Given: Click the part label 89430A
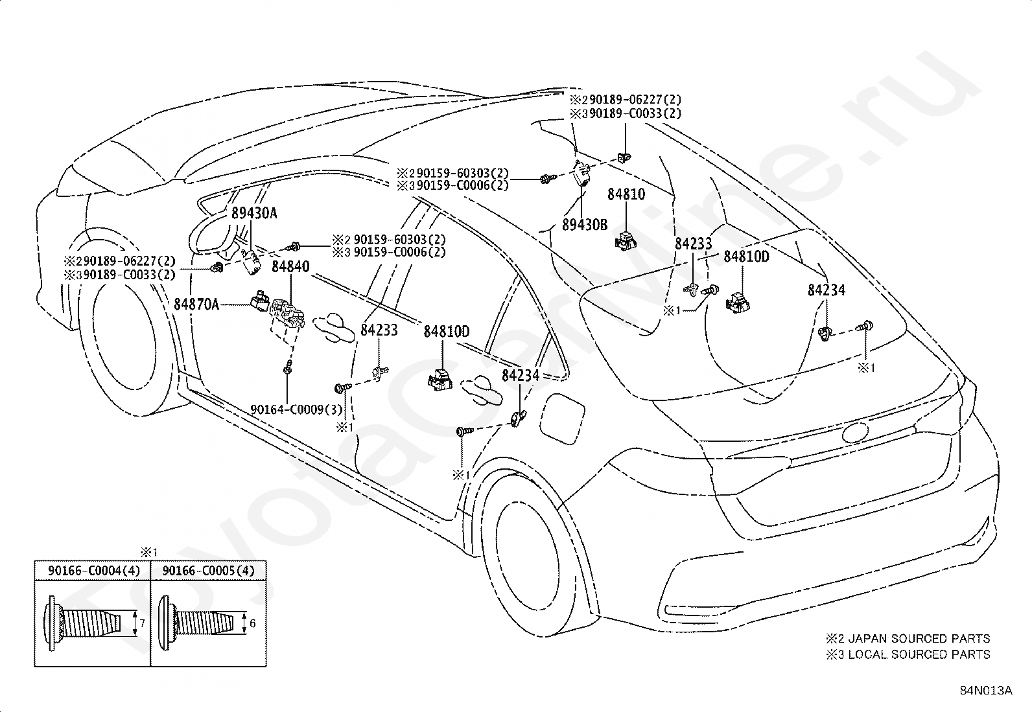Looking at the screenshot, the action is (254, 213).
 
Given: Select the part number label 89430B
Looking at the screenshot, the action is (585, 225).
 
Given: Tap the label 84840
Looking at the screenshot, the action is (290, 267).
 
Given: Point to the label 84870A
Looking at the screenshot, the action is (196, 304).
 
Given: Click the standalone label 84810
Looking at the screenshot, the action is (626, 194).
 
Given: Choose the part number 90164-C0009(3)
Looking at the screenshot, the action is (296, 409).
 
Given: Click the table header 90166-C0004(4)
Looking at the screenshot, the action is (94, 571).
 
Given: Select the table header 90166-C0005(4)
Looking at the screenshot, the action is (208, 571).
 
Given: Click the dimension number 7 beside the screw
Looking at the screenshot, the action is (143, 624).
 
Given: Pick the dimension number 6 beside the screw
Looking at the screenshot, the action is (252, 624).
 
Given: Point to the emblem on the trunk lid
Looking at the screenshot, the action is (855, 433).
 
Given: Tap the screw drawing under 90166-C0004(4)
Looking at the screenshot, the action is (83, 623).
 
